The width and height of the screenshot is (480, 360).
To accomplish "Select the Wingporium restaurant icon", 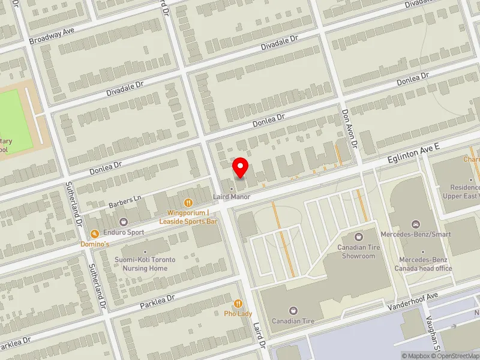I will coord(188,203).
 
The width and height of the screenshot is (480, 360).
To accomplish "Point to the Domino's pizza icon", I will coord(94,234).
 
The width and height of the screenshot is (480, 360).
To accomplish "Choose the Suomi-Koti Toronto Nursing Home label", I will coord(149,264).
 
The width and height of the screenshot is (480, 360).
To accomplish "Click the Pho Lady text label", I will coord(238,314).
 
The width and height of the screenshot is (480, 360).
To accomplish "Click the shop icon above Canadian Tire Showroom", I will coord(359,238).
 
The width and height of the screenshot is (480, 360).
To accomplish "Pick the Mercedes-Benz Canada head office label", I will coord(423,264).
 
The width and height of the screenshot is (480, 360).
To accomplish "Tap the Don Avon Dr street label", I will coord(350,128).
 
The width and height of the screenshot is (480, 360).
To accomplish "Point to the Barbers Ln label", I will coord(124,200).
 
